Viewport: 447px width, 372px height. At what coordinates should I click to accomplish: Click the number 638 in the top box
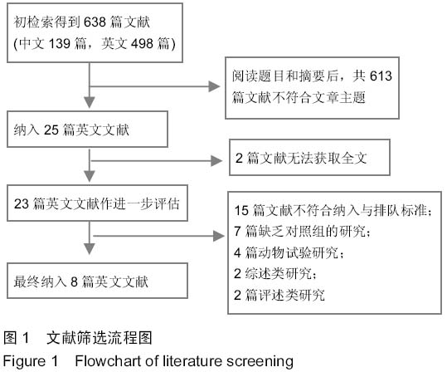coord(95,22)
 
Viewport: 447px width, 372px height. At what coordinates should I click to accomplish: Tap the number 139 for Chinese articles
coord(60,44)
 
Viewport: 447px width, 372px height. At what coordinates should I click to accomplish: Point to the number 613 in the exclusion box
coord(381,76)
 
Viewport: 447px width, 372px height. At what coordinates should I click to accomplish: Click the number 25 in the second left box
coord(51,130)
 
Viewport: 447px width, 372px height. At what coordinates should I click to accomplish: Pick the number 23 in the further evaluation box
coord(22,203)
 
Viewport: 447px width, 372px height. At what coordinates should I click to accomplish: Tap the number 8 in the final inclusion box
coord(74,281)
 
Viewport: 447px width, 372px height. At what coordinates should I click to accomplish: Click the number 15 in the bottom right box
coord(241,211)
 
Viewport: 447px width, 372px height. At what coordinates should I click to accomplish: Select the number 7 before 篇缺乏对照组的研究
coord(237,231)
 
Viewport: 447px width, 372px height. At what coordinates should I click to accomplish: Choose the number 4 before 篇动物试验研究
coord(237,252)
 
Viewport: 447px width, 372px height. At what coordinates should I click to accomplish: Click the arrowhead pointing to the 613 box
coord(214,86)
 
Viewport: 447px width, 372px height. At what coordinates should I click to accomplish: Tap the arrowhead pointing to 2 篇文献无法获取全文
coord(216,161)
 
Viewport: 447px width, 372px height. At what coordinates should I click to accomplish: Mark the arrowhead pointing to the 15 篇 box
coord(219,236)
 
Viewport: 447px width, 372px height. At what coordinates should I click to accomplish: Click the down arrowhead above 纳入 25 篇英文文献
coord(90,102)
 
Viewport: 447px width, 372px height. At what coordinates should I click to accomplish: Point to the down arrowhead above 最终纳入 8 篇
coord(90,248)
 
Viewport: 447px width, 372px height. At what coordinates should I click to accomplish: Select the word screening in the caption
coord(260,362)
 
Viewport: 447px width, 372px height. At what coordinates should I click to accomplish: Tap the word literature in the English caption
coord(193,361)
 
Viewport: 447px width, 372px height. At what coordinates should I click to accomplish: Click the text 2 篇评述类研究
coord(279,295)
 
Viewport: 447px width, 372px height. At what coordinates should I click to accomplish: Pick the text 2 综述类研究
coord(275,273)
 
